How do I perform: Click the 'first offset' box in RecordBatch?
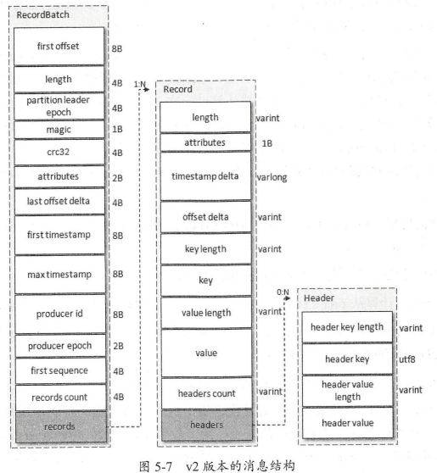59,46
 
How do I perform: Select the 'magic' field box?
59,130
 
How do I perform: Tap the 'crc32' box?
59,152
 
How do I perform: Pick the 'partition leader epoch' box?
59,106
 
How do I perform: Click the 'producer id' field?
60,314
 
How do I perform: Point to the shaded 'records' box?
61,427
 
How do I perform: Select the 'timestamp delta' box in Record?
205,176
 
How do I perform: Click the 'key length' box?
206,249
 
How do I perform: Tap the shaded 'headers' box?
207,425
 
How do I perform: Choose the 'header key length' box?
347,327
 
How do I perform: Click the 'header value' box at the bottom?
348,423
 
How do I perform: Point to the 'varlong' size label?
272,177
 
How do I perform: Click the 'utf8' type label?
407,359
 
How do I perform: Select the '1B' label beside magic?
117,130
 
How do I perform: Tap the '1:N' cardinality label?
139,84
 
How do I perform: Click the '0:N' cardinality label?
283,292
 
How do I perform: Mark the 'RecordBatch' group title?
43,14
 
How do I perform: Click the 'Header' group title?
319,298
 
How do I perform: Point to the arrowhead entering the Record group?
147,89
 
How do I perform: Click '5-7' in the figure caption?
164,466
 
